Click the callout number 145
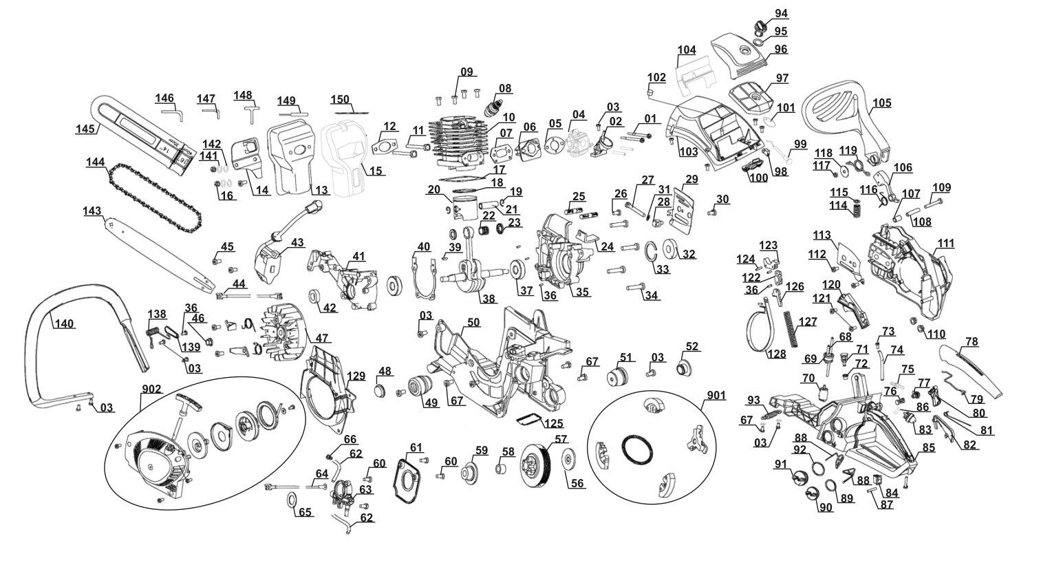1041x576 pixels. click(x=85, y=129)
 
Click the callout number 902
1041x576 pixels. click(x=151, y=390)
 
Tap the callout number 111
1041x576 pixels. click(x=946, y=244)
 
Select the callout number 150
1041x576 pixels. click(x=340, y=99)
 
